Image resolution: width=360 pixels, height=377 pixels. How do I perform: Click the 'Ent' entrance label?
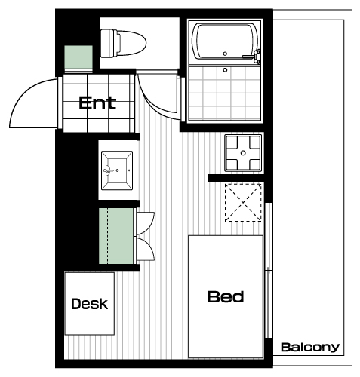coord(97,103)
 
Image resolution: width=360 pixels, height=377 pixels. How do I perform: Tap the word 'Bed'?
coord(226,296)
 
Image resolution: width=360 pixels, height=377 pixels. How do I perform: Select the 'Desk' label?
coord(90,304)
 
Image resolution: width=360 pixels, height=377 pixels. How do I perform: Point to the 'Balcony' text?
coord(310,347)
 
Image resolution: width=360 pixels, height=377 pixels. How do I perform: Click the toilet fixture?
coord(123,43)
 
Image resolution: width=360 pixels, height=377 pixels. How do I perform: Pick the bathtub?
coord(225,41)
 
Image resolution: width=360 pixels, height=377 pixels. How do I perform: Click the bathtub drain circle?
coord(225,54)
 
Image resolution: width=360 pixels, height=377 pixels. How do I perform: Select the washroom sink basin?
coord(117,170)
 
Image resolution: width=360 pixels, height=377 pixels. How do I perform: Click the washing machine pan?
coord(243,153)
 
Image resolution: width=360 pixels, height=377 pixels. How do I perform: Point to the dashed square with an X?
coord(243,203)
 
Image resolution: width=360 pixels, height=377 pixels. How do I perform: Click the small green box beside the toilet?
coord(78,57)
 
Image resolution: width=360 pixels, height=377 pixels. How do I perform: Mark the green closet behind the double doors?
coord(116,236)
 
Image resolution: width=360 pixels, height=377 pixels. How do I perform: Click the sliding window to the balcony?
coord(269,270)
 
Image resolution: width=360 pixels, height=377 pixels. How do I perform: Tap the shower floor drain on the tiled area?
coord(225,70)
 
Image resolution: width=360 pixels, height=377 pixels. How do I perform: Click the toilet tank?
coord(108,43)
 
